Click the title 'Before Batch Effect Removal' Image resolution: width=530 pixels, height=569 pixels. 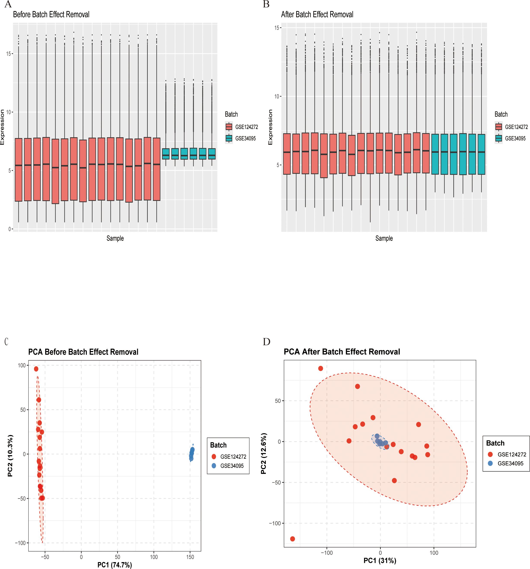pyautogui.click(x=51, y=14)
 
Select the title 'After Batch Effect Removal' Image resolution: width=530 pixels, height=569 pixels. pyautogui.click(x=317, y=14)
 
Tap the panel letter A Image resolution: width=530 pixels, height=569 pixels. pyautogui.click(x=8, y=4)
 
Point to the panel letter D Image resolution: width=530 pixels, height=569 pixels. pyautogui.click(x=267, y=342)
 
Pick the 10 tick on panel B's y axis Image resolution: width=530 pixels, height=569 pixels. pyautogui.click(x=276, y=97)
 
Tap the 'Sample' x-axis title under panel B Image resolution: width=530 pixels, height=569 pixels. pyautogui.click(x=384, y=238)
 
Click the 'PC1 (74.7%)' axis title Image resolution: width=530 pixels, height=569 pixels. pyautogui.click(x=114, y=565)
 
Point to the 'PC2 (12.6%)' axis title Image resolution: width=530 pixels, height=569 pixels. pyautogui.click(x=263, y=453)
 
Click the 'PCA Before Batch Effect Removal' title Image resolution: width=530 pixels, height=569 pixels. pyautogui.click(x=83, y=352)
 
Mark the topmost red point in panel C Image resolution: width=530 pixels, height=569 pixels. pyautogui.click(x=36, y=369)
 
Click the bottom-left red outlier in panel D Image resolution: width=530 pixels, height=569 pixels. pyautogui.click(x=292, y=539)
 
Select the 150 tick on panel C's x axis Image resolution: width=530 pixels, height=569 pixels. pyautogui.click(x=190, y=557)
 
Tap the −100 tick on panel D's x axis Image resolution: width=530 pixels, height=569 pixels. pyautogui.click(x=326, y=553)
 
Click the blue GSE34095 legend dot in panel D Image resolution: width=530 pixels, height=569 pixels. pyautogui.click(x=490, y=463)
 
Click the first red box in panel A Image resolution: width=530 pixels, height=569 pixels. pyautogui.click(x=19, y=170)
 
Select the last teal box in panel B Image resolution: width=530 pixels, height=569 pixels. pyautogui.click(x=481, y=154)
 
